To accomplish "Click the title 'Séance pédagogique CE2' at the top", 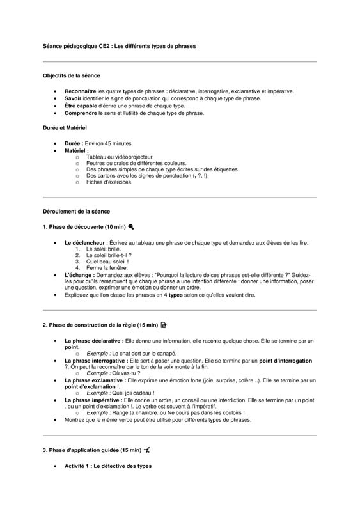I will tap(77, 46).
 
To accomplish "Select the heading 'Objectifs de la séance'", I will tap(71, 75).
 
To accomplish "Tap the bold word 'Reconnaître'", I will tap(81, 91).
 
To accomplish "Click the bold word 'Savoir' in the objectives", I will tap(73, 98).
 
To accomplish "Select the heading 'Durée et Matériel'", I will tap(65, 128).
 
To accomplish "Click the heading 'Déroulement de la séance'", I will tap(76, 211).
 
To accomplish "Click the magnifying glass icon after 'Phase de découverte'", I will tap(130, 227).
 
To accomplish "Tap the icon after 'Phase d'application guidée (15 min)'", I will tap(147, 450).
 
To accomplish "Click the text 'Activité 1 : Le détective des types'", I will tap(108, 466).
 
